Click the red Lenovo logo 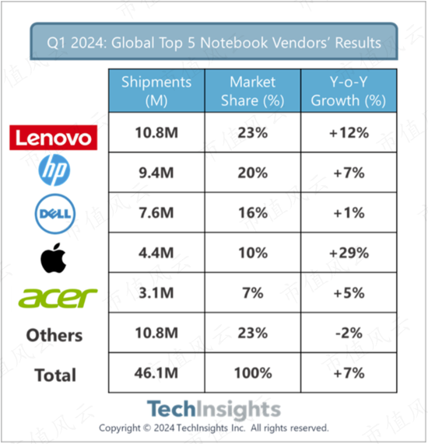coord(53,138)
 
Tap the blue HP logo coord(54,170)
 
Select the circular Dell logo coord(55,214)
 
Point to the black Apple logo coord(53,258)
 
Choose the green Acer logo coord(58,298)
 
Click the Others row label coord(54,336)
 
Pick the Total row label coord(55,376)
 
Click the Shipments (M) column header coord(156,91)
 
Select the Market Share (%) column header coord(253,91)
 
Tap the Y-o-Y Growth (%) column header coord(349,91)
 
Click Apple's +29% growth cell coord(349,253)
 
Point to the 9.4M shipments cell coord(156,173)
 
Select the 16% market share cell coord(253,213)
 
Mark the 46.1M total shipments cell coord(156,373)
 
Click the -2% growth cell coord(349,333)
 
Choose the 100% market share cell coord(253,373)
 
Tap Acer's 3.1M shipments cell coord(156,293)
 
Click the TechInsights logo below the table coord(214,409)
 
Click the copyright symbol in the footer coord(147,428)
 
